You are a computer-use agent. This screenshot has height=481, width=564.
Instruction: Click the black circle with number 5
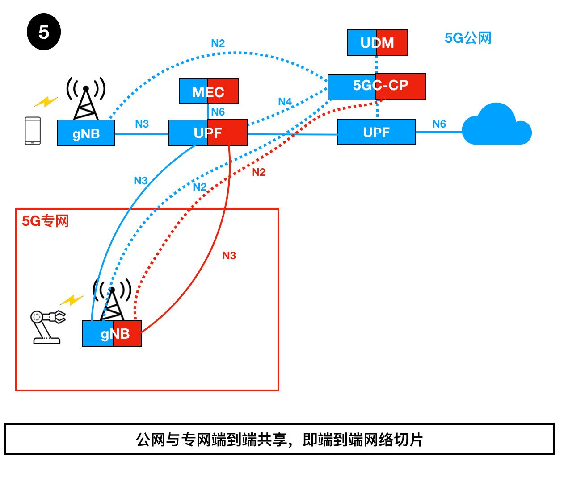(x=43, y=32)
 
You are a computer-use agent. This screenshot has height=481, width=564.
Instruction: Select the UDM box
(x=377, y=43)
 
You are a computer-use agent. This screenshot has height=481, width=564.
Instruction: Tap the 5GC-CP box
(x=376, y=86)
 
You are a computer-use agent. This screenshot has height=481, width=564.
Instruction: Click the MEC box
(x=209, y=91)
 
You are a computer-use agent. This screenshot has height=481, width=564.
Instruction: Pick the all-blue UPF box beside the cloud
(x=376, y=132)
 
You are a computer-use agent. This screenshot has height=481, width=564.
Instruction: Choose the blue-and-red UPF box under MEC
(x=208, y=133)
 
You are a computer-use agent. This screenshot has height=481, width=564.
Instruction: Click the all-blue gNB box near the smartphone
(x=86, y=133)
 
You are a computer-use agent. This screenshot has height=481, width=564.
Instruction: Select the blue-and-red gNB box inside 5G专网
(x=112, y=334)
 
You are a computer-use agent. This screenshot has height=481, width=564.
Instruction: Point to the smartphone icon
(x=33, y=131)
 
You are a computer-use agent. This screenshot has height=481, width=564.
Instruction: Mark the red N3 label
(x=229, y=256)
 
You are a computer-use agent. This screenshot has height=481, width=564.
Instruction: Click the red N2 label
(x=258, y=173)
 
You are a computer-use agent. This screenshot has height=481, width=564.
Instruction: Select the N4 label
(x=285, y=102)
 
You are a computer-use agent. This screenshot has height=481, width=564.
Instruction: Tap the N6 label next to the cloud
(x=439, y=124)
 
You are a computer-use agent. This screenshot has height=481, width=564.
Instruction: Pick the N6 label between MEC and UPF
(x=218, y=112)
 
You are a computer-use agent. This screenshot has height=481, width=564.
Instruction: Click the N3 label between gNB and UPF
(x=142, y=124)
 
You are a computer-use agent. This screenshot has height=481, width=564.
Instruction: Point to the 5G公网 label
(x=467, y=38)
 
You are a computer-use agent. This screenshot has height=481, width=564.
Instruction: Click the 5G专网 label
(x=45, y=221)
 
